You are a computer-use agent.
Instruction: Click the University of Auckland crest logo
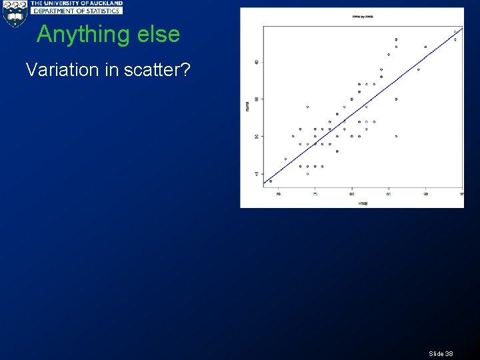(15, 14)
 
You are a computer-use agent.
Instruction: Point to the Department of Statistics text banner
(76, 11)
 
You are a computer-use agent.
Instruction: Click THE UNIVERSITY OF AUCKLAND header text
(76, 3)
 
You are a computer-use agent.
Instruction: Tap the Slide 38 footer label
(441, 353)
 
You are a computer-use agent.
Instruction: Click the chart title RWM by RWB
(362, 16)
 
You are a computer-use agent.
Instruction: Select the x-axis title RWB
(363, 203)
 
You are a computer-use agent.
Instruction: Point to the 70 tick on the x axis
(279, 194)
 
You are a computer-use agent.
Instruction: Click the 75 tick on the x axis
(315, 194)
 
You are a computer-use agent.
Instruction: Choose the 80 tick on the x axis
(352, 194)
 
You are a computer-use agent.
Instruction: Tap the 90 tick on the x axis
(425, 194)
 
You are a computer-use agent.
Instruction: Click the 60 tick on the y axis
(257, 62)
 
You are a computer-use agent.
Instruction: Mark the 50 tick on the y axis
(257, 136)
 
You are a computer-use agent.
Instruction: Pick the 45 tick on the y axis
(257, 173)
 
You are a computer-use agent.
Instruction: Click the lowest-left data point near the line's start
(271, 181)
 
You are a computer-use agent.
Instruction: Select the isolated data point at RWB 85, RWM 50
(396, 136)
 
